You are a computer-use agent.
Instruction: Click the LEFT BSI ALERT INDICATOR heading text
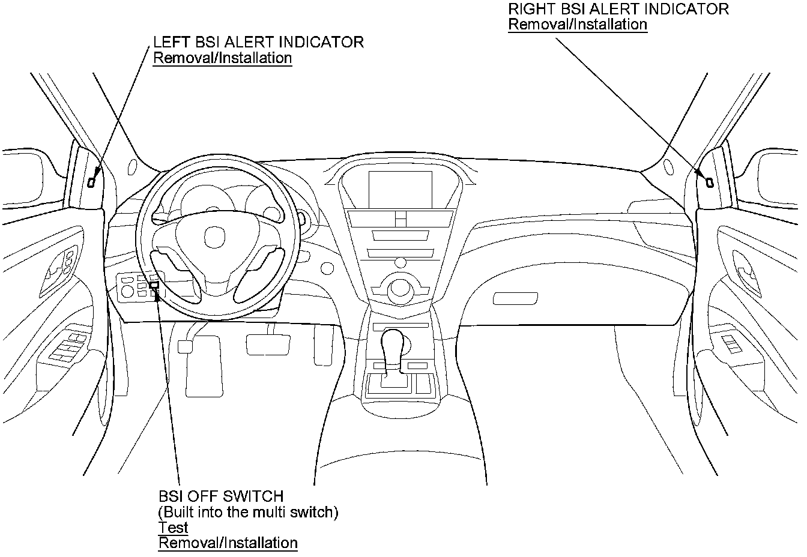258,42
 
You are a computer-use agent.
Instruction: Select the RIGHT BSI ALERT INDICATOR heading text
618,9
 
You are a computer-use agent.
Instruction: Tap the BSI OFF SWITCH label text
220,496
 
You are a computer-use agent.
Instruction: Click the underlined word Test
173,528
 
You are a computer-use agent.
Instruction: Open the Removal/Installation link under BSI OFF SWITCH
228,543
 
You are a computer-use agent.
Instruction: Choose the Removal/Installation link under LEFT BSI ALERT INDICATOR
222,58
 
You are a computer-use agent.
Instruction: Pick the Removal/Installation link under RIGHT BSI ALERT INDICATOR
578,25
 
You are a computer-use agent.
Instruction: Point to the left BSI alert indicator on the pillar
91,182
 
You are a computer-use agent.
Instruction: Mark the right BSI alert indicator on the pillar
709,181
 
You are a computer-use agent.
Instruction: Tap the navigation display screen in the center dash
400,187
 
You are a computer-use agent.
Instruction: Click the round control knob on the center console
399,289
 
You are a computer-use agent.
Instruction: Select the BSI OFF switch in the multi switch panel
154,286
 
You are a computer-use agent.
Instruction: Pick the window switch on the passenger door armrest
732,343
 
